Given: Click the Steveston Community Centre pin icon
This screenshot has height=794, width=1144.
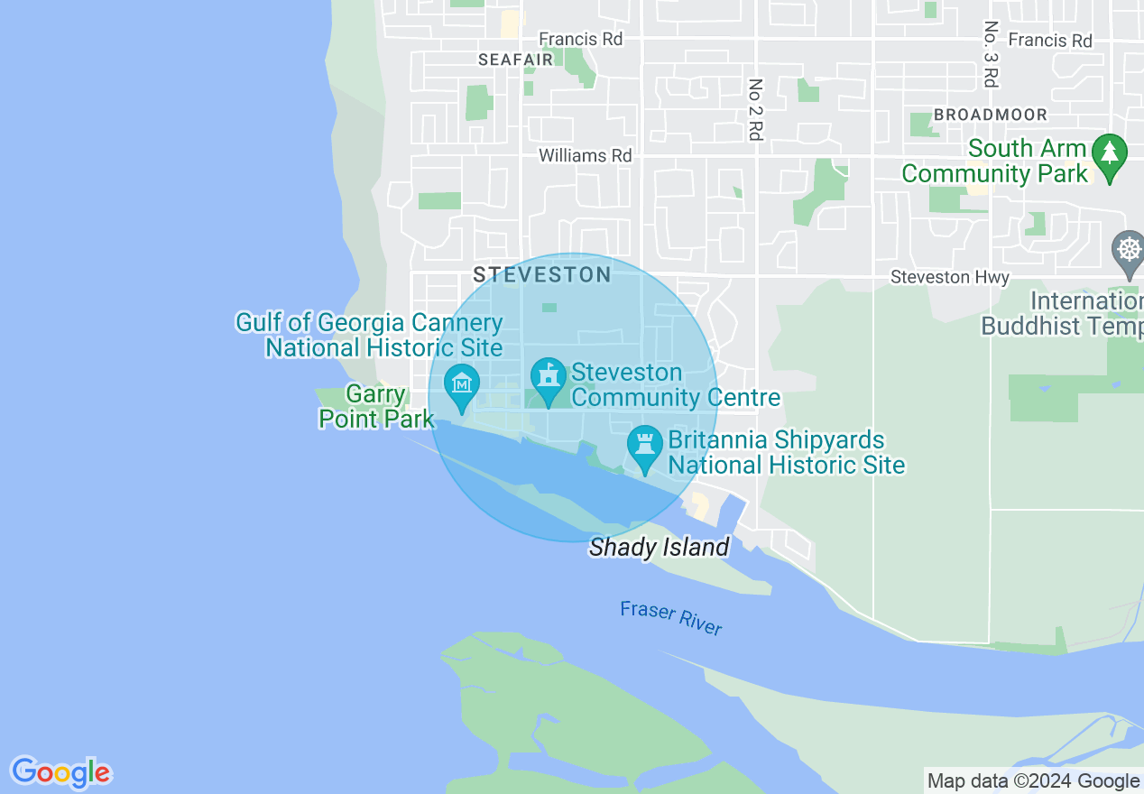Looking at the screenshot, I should point(547,379).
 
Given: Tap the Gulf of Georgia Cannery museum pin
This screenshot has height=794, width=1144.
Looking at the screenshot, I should point(462,386).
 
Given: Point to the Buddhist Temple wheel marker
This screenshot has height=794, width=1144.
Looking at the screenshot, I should point(1129,250).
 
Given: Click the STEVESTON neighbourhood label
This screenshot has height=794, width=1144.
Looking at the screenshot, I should point(542,274).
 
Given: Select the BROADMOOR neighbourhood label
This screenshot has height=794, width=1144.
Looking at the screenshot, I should point(991,115).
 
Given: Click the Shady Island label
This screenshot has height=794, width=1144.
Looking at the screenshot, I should point(659,548).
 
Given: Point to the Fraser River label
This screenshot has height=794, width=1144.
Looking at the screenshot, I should point(671,618).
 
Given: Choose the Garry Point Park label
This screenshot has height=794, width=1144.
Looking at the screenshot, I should point(376,407).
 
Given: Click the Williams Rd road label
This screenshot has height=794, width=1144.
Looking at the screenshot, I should point(585,155).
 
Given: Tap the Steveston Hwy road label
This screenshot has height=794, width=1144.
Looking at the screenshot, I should point(950,277).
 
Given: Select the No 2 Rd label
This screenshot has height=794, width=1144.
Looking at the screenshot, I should point(755,110).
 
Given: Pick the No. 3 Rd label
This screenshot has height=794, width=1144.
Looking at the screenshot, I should point(991,54).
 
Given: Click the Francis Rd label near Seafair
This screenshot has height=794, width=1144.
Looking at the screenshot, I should point(580,39).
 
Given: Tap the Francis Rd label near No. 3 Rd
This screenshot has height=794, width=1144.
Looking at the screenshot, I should point(1049,41).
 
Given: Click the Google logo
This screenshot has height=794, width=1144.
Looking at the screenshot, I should point(60,772).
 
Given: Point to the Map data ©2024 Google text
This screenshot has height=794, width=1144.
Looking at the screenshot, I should point(1034,781).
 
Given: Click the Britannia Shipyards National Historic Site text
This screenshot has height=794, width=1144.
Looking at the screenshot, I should point(786,453).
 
